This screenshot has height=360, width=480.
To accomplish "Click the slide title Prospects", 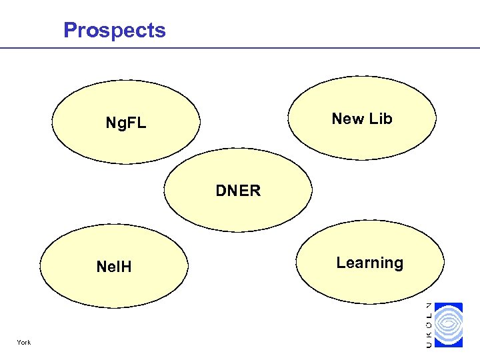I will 115,30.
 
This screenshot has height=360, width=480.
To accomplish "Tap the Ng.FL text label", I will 126,123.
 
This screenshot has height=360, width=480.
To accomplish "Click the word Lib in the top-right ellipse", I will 380,119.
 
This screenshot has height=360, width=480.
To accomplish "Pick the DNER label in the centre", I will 238,191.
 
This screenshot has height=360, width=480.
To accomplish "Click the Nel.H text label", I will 114,267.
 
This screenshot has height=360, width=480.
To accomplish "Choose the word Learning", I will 369,263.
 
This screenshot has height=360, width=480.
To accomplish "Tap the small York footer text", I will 25,343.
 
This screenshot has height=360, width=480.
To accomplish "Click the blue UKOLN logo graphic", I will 448,325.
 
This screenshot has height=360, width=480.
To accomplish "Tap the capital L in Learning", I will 341,263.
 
